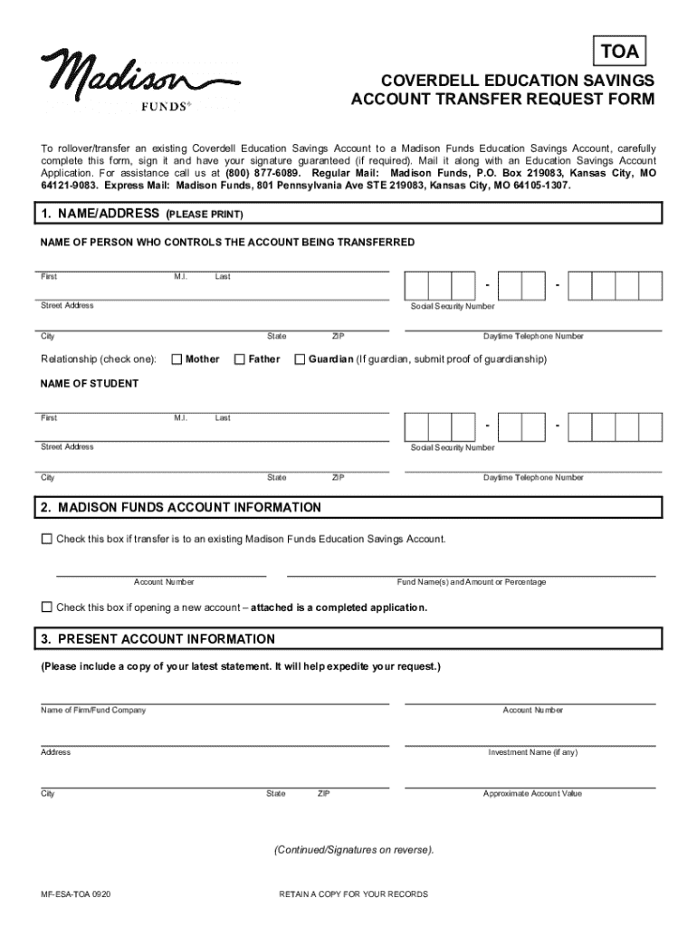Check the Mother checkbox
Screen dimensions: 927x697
click(177, 359)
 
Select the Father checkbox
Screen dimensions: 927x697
click(241, 359)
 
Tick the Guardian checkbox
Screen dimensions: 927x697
click(301, 359)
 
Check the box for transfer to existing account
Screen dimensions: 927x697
click(47, 540)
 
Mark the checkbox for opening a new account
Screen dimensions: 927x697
click(47, 607)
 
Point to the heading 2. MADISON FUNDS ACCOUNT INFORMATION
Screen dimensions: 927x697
click(181, 508)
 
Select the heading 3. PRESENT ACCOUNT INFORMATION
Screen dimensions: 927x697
click(158, 639)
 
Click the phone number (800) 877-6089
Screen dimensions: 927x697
click(271, 172)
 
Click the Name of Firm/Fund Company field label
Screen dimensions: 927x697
click(93, 711)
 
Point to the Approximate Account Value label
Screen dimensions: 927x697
click(532, 794)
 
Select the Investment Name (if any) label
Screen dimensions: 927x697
click(532, 752)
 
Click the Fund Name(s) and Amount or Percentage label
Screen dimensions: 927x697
click(472, 582)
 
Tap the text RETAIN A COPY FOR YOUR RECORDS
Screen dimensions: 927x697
click(354, 894)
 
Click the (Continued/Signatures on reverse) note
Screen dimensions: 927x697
click(355, 850)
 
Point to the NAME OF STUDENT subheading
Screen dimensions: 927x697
click(90, 384)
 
